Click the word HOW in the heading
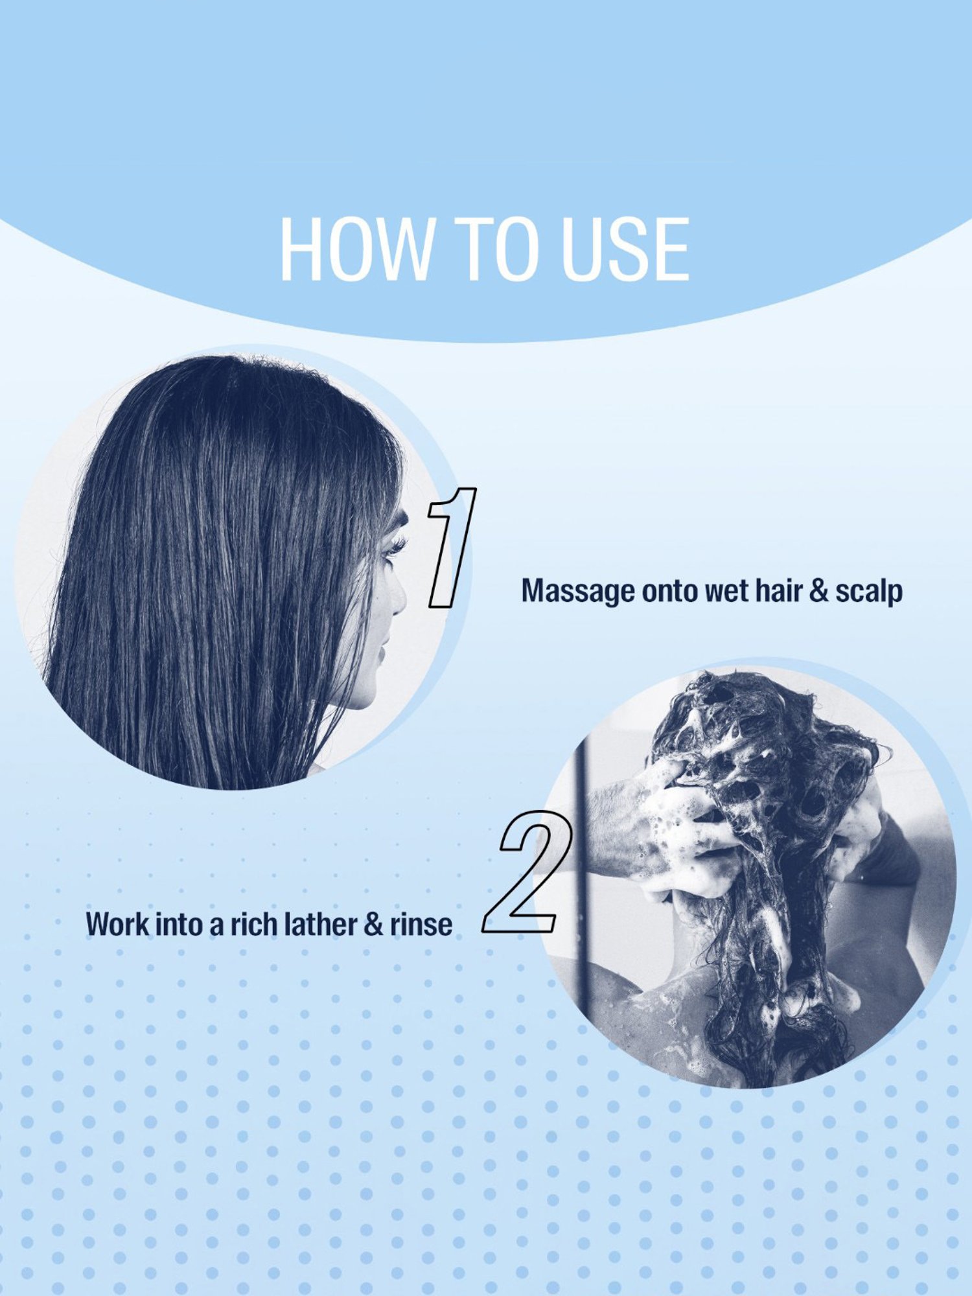coord(355,249)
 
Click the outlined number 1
coord(452,548)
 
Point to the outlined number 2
coord(527,872)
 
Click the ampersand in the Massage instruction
coord(818,591)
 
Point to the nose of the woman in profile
coord(398,599)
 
